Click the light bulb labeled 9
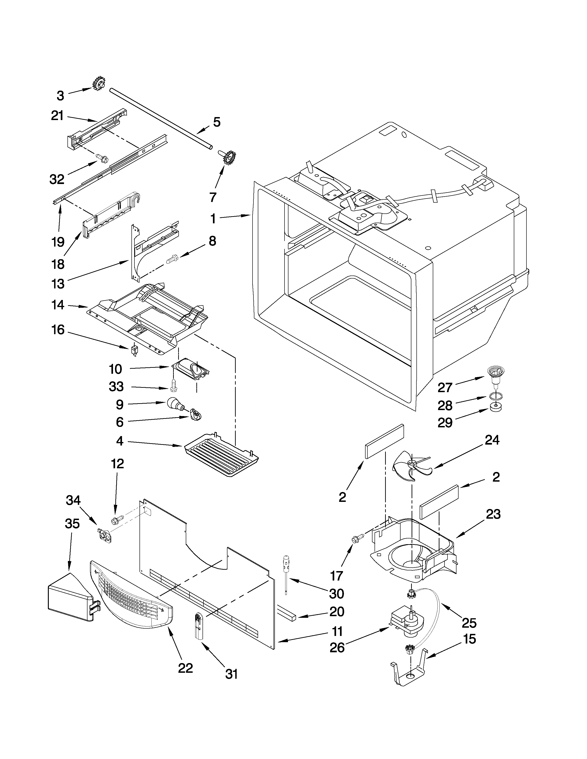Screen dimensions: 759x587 174,404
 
